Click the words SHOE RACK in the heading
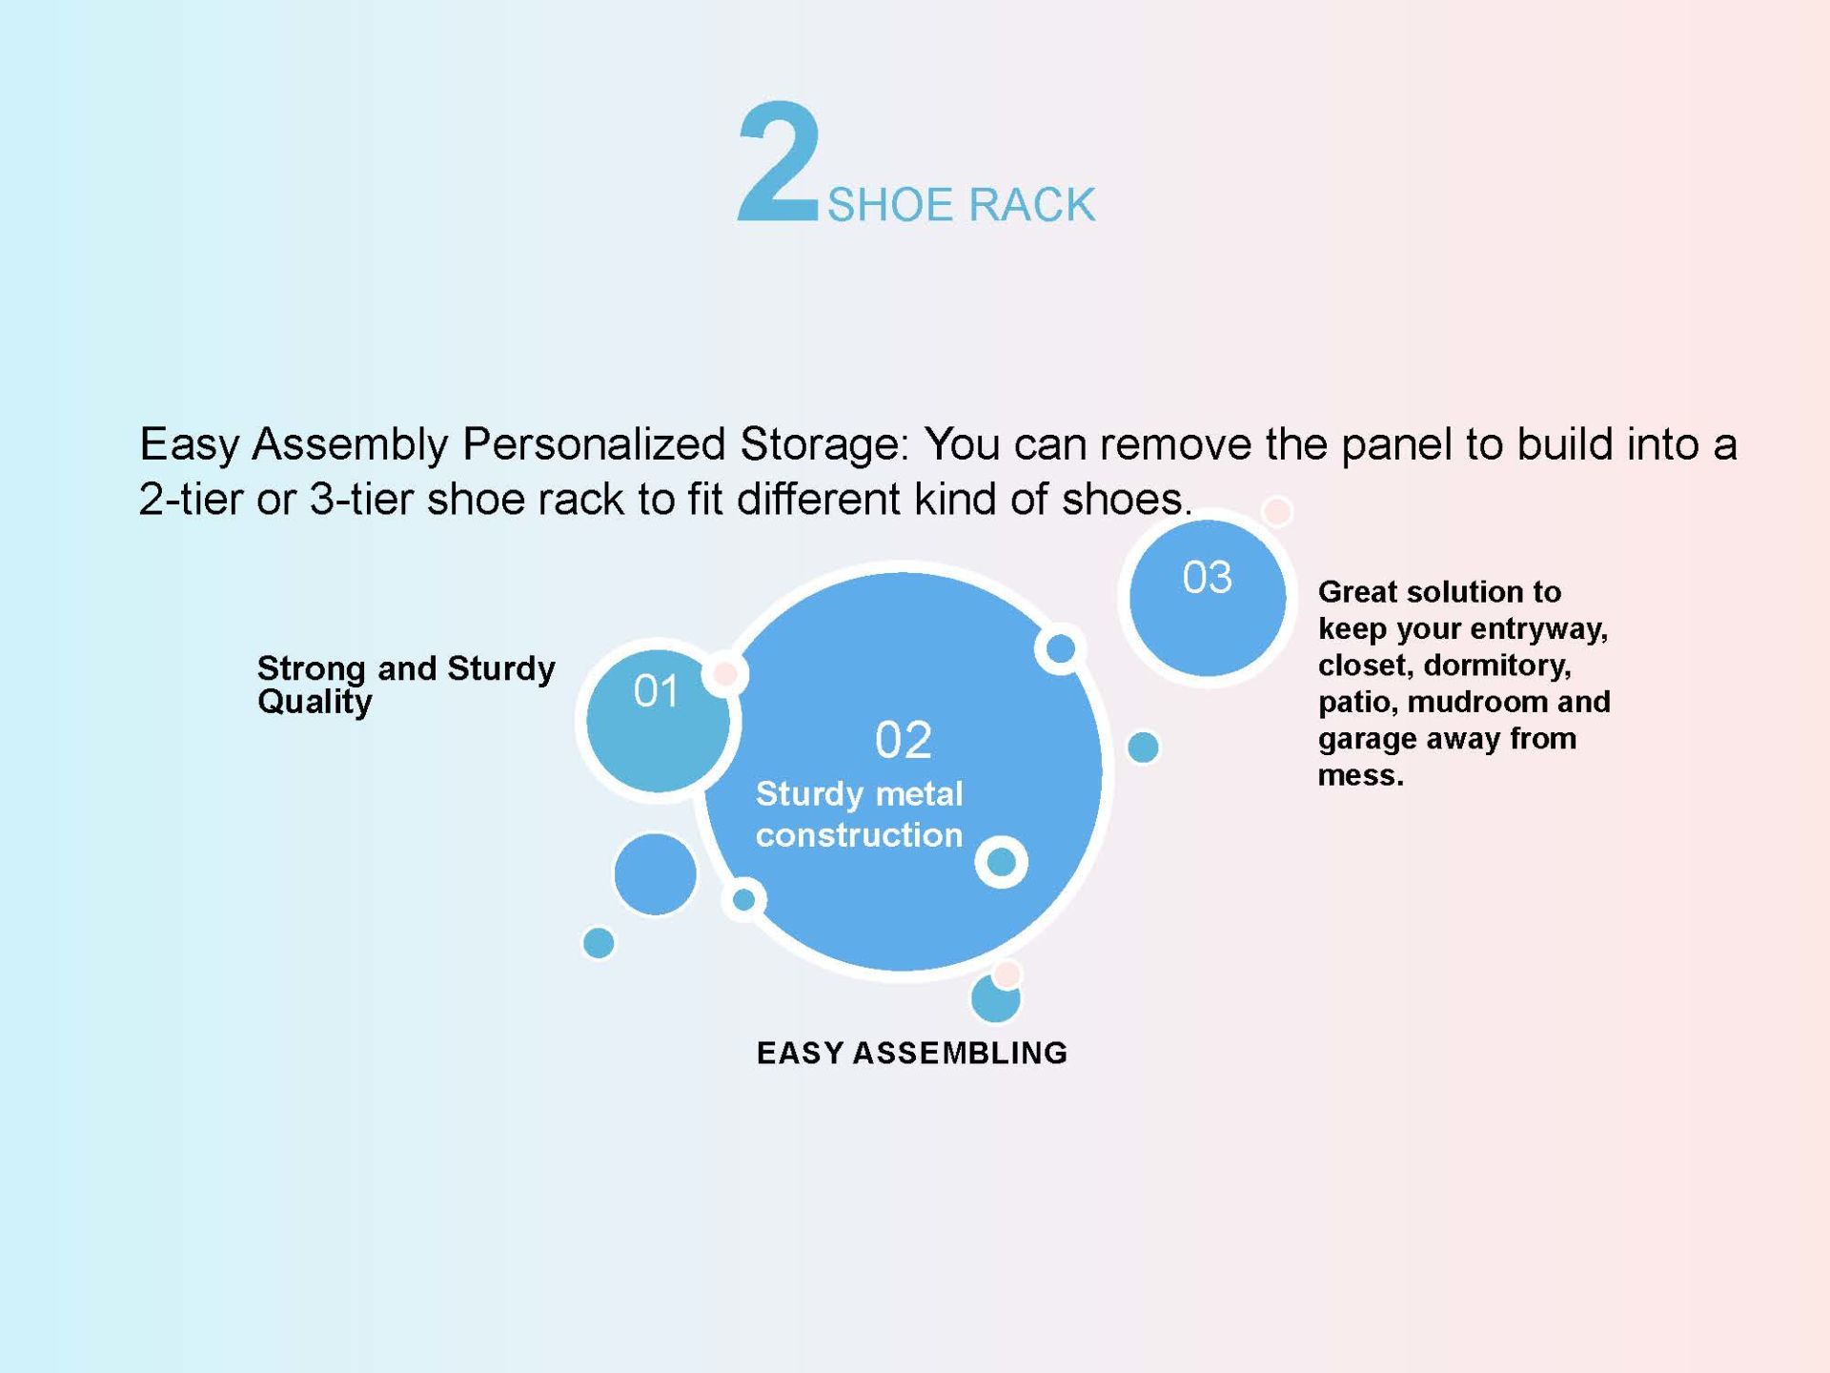click(x=961, y=205)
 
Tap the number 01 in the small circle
click(x=657, y=691)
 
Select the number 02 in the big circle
click(x=904, y=740)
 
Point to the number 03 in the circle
click(x=1208, y=578)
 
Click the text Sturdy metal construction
click(x=860, y=814)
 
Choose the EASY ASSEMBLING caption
click(x=912, y=1053)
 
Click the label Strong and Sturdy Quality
click(x=406, y=685)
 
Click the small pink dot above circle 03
click(x=1277, y=511)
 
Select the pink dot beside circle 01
click(x=724, y=674)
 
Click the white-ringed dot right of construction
click(x=1001, y=862)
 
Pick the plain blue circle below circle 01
click(x=655, y=874)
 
